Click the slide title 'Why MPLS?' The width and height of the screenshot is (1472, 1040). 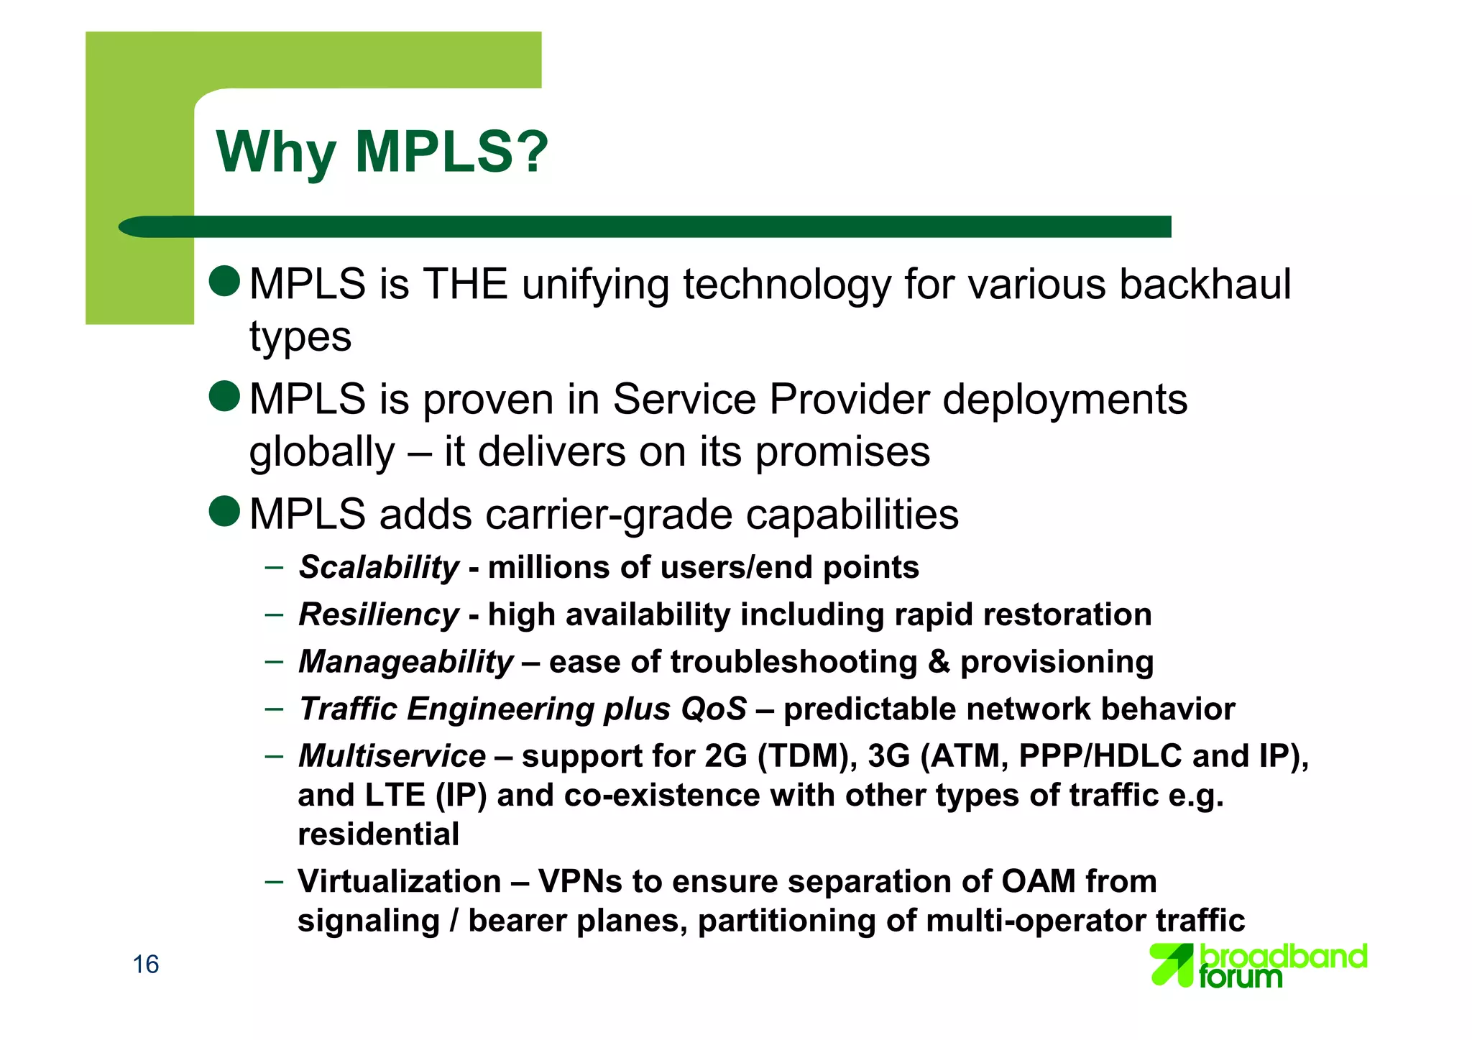coord(382,152)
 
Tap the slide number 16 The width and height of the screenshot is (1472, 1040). coord(146,965)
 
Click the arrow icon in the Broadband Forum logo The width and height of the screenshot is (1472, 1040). coord(1172,965)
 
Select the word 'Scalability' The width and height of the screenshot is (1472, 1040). coord(379,568)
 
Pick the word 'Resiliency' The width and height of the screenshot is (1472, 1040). coord(379,615)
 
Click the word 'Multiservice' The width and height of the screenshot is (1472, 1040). coord(392,756)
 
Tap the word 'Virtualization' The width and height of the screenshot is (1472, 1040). coord(400,881)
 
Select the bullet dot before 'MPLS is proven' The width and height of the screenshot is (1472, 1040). coord(224,396)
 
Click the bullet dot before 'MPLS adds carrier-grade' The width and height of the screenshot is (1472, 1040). coord(224,511)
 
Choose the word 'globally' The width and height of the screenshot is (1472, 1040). coord(322,453)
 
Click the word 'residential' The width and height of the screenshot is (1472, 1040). coord(379,834)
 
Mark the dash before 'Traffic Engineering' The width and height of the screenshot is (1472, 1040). coord(274,709)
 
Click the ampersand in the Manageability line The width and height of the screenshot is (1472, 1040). coord(939,662)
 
